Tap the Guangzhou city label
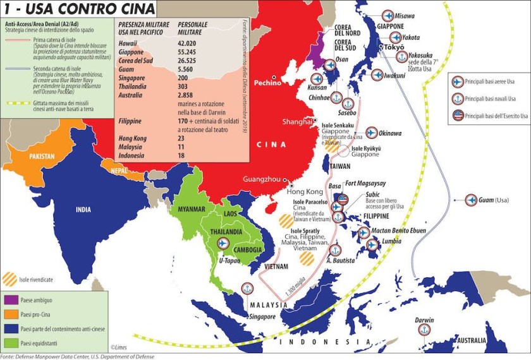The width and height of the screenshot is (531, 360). [x=262, y=179]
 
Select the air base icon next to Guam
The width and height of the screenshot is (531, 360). [x=471, y=200]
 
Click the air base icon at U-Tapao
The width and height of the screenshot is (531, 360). [x=223, y=244]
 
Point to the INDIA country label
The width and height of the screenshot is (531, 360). [x=87, y=210]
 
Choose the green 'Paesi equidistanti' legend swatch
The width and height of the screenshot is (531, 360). [x=11, y=344]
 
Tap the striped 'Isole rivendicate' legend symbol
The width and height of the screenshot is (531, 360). [x=11, y=277]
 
